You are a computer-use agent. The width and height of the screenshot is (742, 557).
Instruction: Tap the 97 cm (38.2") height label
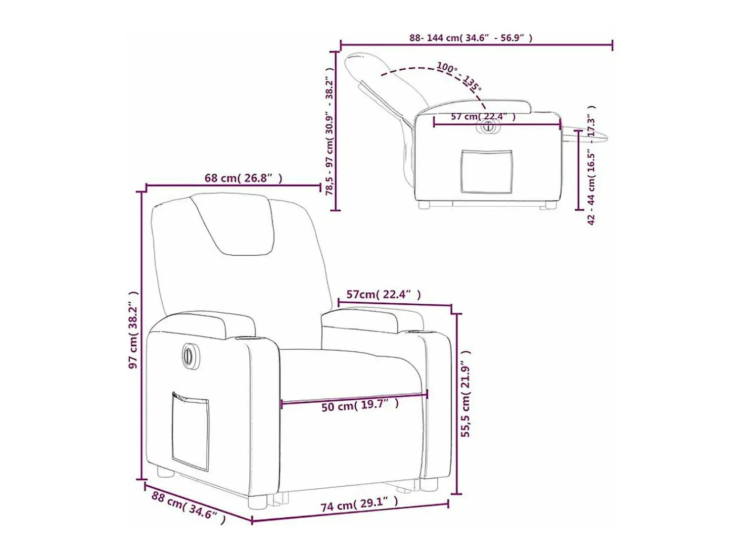(134, 330)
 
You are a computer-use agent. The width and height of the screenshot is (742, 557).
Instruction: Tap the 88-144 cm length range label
(470, 38)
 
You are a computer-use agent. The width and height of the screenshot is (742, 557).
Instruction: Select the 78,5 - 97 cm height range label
(329, 131)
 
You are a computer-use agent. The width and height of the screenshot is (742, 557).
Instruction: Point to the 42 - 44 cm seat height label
(591, 165)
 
